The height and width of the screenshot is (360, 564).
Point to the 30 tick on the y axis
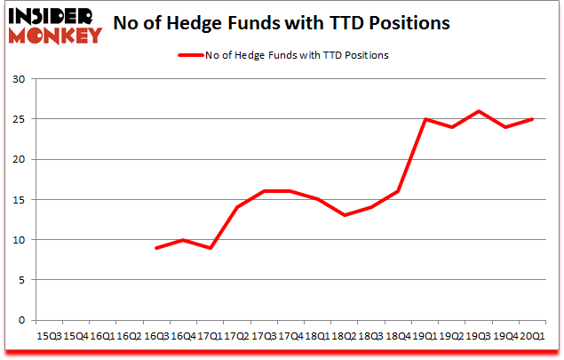click(20, 79)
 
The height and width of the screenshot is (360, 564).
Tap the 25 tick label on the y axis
click(20, 119)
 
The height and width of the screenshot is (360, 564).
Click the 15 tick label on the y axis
click(20, 200)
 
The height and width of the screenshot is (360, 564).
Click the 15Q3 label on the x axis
click(49, 336)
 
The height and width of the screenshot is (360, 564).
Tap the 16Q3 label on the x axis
click(155, 336)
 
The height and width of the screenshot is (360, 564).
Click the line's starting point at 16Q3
click(156, 248)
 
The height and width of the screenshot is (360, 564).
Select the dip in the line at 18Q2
click(343, 216)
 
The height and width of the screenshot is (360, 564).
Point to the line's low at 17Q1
click(210, 248)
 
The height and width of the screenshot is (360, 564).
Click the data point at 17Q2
click(236, 208)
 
